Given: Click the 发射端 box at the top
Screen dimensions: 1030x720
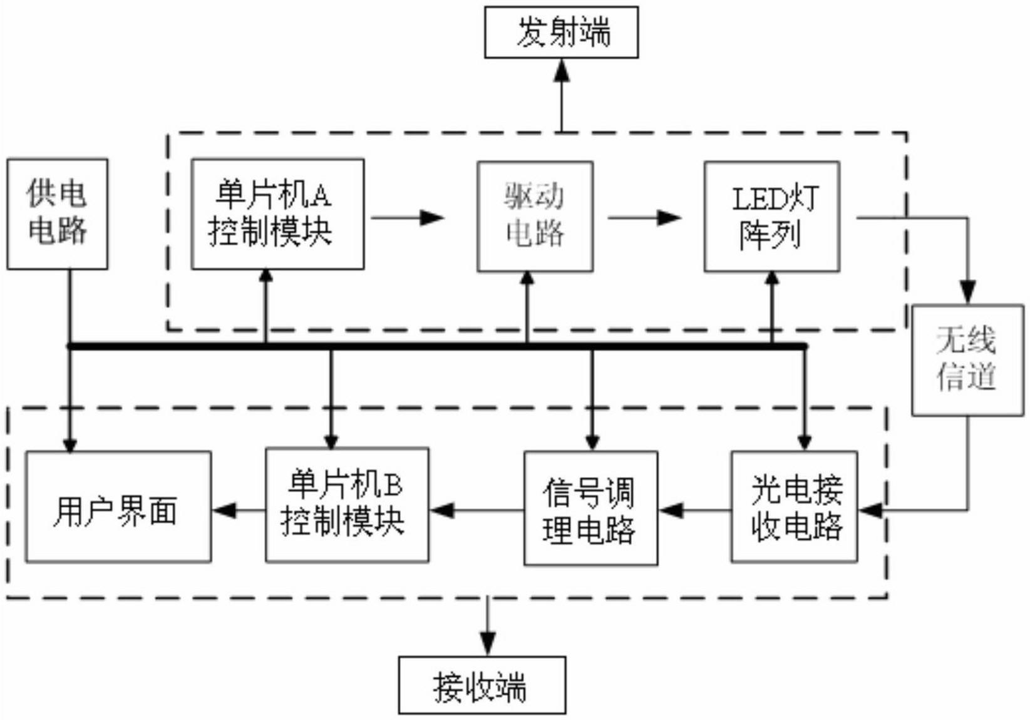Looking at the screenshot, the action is (x=562, y=32).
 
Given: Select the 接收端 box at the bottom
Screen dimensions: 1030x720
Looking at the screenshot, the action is (x=482, y=684).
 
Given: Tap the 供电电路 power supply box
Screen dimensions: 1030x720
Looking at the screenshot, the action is (x=58, y=214).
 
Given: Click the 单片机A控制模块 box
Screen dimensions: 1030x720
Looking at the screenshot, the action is (x=278, y=214).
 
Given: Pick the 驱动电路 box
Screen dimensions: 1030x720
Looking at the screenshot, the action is (x=535, y=217).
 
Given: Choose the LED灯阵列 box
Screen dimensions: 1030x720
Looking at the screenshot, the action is (x=772, y=217).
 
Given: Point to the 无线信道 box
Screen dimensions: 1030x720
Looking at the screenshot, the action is (x=968, y=360).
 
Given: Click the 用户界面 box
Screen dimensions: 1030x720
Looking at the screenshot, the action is (x=118, y=507).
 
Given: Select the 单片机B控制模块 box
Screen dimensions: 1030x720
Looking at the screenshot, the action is (x=347, y=505).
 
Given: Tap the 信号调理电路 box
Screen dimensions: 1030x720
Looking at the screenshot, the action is (x=591, y=508).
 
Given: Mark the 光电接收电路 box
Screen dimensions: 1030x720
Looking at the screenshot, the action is (x=794, y=507).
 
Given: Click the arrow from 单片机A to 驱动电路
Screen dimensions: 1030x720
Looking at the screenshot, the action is (x=408, y=217).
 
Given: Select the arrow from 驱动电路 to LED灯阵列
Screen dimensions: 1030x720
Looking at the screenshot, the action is (x=645, y=217).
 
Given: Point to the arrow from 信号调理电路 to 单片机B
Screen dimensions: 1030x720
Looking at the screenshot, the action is (x=477, y=510).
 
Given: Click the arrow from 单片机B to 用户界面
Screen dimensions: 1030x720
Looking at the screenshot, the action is (x=239, y=510).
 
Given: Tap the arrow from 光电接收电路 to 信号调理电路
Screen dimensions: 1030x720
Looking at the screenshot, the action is (x=694, y=510).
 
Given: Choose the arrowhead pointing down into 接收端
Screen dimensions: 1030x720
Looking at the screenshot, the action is (x=488, y=644).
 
